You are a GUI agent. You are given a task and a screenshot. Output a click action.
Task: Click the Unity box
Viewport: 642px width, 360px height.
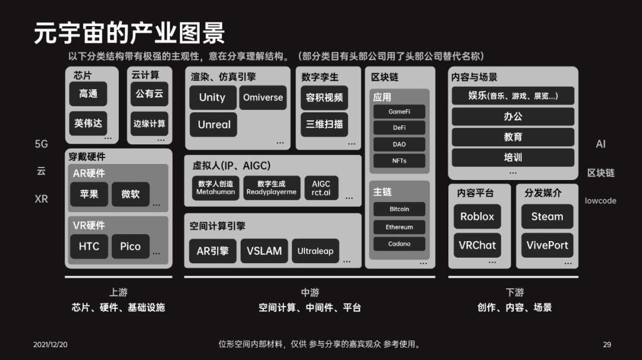212,98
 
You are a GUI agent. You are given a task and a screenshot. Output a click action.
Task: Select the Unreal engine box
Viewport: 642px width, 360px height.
214,125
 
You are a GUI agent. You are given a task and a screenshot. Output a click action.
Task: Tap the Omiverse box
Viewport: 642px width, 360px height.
263,98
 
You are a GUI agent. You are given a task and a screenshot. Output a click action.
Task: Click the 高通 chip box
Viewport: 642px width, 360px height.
88,94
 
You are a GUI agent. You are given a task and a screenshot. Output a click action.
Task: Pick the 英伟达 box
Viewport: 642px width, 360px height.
88,124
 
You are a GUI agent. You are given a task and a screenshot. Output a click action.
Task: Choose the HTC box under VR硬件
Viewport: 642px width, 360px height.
89,247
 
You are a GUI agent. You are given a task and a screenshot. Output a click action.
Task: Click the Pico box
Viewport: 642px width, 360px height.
130,247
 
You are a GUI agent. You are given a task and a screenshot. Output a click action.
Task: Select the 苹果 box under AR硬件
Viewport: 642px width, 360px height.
89,194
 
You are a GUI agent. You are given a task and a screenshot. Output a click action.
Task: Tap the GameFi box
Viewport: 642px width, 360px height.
399,112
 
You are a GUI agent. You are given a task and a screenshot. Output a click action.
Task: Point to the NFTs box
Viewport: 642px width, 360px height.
399,160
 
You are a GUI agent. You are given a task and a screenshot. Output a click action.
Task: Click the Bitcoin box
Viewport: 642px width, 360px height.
399,209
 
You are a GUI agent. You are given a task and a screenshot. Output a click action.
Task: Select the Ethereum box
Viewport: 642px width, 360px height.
399,227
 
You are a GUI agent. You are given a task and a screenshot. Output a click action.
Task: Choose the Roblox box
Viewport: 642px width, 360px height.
477,217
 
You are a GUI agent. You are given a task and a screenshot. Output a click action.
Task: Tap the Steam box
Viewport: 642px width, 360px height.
547,217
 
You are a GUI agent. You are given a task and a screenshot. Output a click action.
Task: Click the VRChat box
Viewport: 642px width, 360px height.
477,245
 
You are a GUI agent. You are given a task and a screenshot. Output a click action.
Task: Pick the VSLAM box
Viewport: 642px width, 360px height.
264,251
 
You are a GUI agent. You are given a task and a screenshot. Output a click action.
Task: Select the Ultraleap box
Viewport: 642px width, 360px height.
315,251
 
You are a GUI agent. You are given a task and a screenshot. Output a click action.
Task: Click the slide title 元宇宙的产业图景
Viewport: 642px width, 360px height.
129,34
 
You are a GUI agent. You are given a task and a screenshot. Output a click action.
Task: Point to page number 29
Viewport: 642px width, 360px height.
607,345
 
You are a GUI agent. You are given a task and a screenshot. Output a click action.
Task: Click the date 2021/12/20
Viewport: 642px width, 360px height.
51,345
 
